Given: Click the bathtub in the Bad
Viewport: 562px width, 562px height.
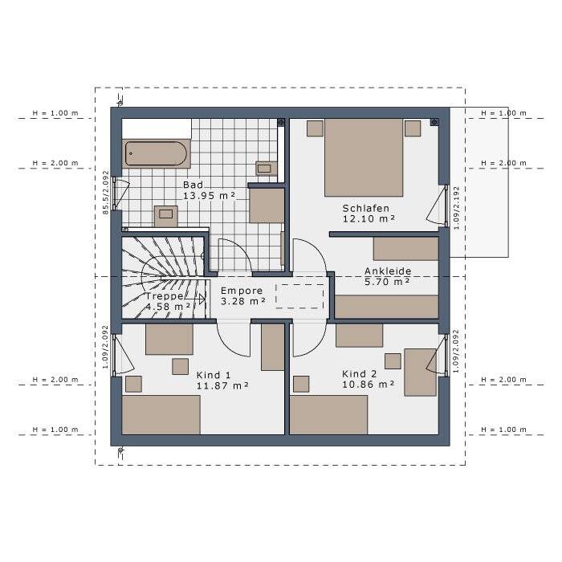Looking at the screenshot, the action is pyautogui.click(x=156, y=154).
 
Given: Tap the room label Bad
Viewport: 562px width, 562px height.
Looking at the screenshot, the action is pyautogui.click(x=193, y=185).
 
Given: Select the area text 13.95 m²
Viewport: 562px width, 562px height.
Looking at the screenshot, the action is pyautogui.click(x=209, y=196).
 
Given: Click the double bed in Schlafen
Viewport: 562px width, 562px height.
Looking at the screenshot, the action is pyautogui.click(x=364, y=157).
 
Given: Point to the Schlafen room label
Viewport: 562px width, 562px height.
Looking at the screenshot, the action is pyautogui.click(x=365, y=208).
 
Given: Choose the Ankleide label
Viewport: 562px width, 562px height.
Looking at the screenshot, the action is pyautogui.click(x=388, y=271).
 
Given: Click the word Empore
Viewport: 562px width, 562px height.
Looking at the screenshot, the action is pyautogui.click(x=242, y=291).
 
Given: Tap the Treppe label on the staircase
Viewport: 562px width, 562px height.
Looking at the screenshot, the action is pyautogui.click(x=165, y=296).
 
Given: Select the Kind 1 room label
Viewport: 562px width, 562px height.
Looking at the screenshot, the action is pyautogui.click(x=214, y=375).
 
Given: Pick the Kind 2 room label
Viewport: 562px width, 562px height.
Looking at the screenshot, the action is pyautogui.click(x=359, y=374).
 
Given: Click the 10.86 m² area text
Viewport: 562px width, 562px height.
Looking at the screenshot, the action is pyautogui.click(x=368, y=385).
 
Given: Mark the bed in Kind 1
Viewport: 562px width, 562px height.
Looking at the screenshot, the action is pyautogui.click(x=161, y=415).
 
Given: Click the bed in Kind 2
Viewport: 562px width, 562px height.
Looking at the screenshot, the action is pyautogui.click(x=328, y=415).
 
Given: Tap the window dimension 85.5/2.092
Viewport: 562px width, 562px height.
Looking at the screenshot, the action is pyautogui.click(x=106, y=193).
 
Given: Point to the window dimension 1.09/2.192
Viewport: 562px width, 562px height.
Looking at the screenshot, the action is pyautogui.click(x=456, y=208).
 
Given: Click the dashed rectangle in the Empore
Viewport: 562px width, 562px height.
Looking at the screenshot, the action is pyautogui.click(x=299, y=296).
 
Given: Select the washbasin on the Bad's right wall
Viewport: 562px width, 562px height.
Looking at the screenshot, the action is pyautogui.click(x=267, y=168).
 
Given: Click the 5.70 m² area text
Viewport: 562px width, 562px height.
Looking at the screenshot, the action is pyautogui.click(x=387, y=282).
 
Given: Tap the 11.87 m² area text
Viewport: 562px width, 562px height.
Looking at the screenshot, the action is pyautogui.click(x=222, y=386).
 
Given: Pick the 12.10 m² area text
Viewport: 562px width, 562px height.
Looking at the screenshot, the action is pyautogui.click(x=369, y=219).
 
